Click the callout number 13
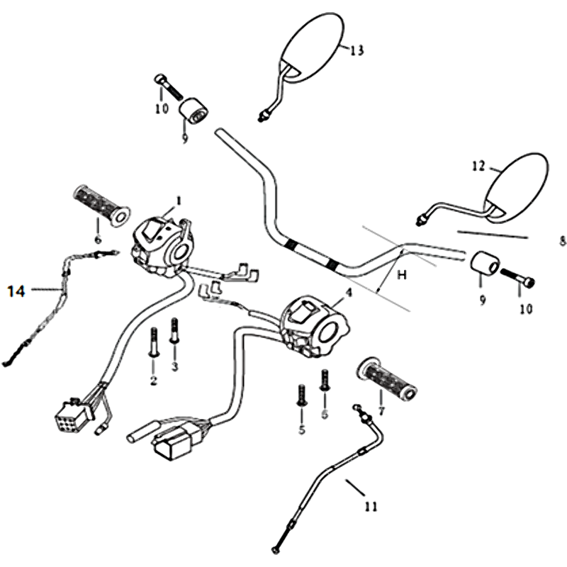[x=357, y=50]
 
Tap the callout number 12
[x=478, y=166]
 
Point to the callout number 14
[x=16, y=290]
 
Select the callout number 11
[x=371, y=507]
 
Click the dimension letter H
[x=401, y=276]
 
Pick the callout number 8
[x=563, y=241]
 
